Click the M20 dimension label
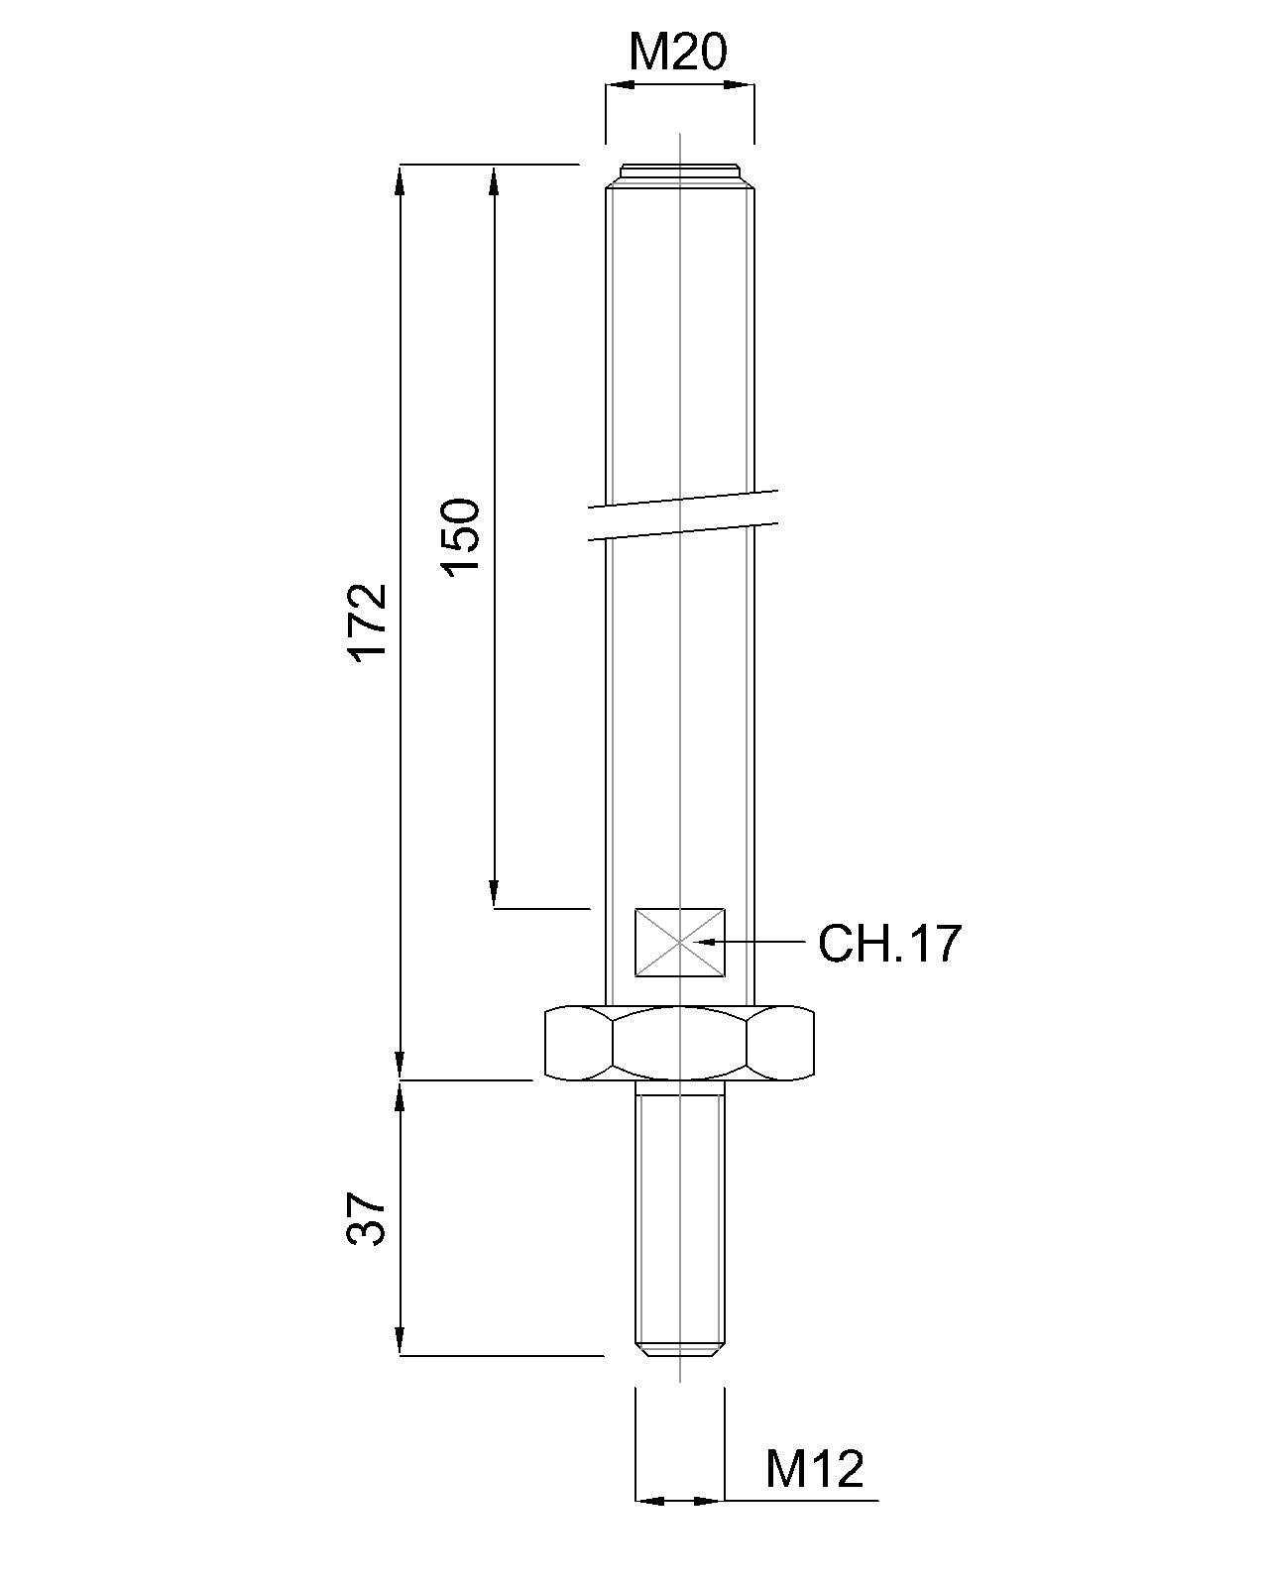[678, 52]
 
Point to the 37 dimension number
[367, 1218]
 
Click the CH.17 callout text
[889, 943]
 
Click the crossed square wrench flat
[680, 942]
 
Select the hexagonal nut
[680, 1043]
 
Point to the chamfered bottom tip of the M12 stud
[680, 1349]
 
